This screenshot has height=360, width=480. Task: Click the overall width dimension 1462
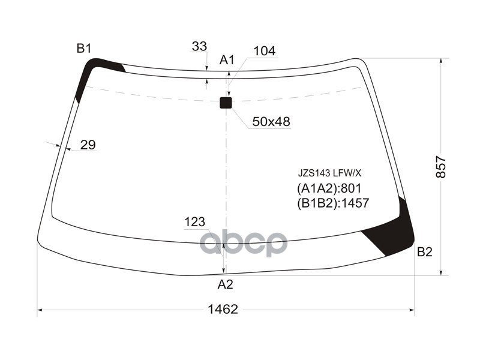click(x=223, y=310)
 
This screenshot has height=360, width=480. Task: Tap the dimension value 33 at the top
click(x=199, y=46)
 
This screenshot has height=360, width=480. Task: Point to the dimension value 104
click(x=265, y=52)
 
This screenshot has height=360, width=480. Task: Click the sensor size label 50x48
click(x=271, y=122)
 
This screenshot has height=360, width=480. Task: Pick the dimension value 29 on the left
click(x=88, y=145)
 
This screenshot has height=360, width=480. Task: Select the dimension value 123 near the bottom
click(x=194, y=222)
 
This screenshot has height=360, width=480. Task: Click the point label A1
click(x=227, y=60)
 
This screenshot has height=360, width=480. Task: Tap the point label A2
click(x=225, y=284)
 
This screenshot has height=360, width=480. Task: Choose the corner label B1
click(x=83, y=49)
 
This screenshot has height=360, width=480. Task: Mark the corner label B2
click(x=424, y=252)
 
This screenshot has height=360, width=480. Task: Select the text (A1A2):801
click(x=328, y=188)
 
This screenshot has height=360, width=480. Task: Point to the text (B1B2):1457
click(x=332, y=203)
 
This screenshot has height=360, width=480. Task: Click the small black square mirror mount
click(x=226, y=103)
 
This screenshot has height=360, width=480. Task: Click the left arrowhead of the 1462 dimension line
click(x=40, y=311)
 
